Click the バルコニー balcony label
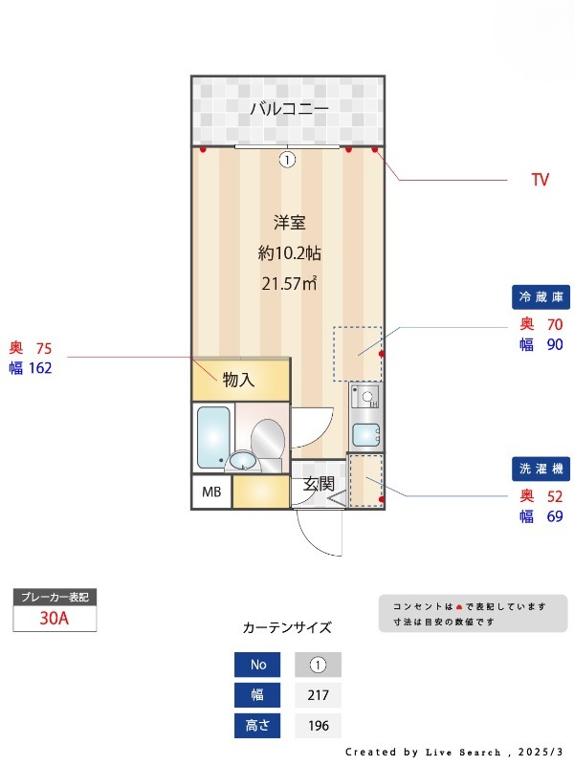[x=289, y=109]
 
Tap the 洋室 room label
[x=289, y=223]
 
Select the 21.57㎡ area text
[x=289, y=283]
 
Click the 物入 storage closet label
[x=239, y=380]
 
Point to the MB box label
[x=210, y=492]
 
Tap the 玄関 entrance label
[x=318, y=485]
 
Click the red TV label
[x=541, y=180]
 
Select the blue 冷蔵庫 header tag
[x=541, y=297]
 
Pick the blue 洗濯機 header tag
[x=541, y=470]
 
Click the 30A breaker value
[x=55, y=619]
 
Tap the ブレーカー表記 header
[x=55, y=597]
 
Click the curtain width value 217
[x=319, y=695]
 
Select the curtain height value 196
[x=319, y=726]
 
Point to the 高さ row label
[x=258, y=726]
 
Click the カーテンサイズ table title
[x=287, y=628]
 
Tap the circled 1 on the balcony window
[x=286, y=160]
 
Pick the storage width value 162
[x=40, y=367]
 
